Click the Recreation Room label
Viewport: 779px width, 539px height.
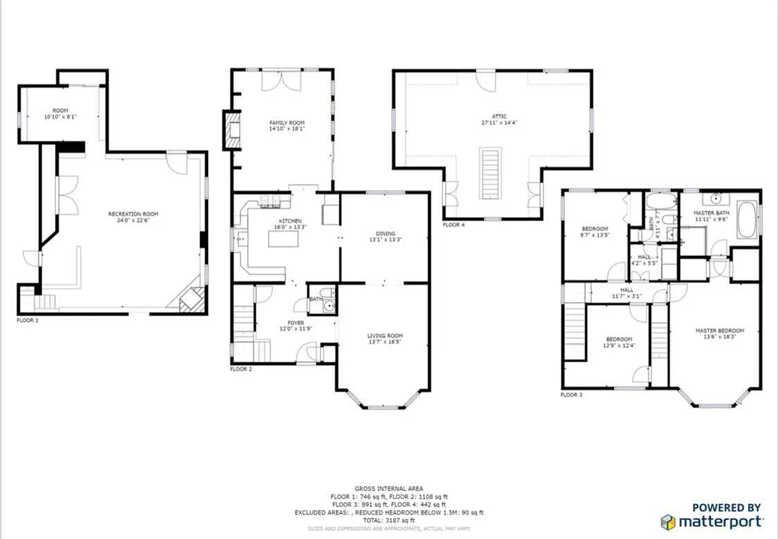(x=133, y=214)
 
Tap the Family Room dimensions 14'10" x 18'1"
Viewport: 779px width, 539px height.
(x=287, y=129)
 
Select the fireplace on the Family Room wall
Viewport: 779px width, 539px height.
(x=231, y=129)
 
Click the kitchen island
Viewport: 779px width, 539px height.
(x=283, y=237)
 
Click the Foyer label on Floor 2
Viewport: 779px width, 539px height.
(x=296, y=323)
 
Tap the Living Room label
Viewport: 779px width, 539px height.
(x=384, y=336)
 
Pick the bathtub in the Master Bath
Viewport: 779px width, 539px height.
(x=746, y=220)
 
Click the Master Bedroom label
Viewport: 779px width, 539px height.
(x=720, y=330)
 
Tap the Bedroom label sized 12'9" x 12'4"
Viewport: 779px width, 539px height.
(x=619, y=339)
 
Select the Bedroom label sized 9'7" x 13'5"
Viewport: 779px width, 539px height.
(x=595, y=229)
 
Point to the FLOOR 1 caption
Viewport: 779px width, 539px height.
(x=28, y=321)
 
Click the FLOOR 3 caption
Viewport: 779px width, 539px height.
(x=572, y=394)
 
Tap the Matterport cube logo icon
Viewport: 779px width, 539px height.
(x=667, y=521)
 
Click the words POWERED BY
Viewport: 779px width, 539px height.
(x=726, y=507)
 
